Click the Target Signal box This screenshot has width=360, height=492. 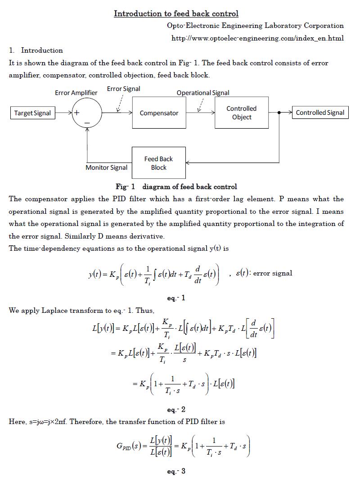[x=32, y=113]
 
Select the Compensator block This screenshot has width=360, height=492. [x=159, y=113]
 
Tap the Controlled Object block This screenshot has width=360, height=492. [x=242, y=113]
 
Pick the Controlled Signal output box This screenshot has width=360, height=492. [x=320, y=113]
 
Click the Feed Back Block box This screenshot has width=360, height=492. [x=158, y=163]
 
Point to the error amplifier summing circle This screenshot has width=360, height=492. [x=87, y=113]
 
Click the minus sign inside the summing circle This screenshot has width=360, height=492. [x=87, y=122]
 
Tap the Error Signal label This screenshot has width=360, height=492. [x=123, y=89]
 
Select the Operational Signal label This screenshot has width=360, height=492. [x=203, y=93]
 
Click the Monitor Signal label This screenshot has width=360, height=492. [x=106, y=167]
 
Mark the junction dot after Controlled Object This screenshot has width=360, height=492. [x=279, y=113]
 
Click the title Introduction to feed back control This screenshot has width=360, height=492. [x=176, y=14]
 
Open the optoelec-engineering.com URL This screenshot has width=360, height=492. [x=257, y=38]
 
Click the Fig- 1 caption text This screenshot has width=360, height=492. [x=176, y=186]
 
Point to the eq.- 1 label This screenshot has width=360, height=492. [x=176, y=298]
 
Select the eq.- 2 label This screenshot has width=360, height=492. [x=176, y=410]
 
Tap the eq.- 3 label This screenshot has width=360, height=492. [x=176, y=471]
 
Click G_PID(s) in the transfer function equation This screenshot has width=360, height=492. [x=130, y=447]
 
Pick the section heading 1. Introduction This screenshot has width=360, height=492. [x=36, y=50]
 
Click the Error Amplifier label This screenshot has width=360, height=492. [x=76, y=93]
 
